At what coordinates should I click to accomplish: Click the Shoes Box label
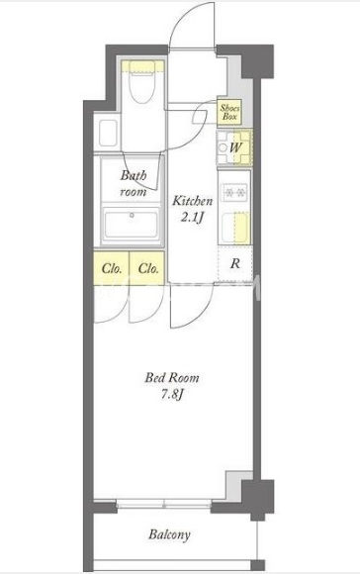coord(229,113)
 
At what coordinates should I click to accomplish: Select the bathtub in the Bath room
coord(132,223)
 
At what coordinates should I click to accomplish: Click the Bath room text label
coord(134,183)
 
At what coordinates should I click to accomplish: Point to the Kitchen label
coord(193,201)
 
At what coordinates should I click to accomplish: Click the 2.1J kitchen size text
coord(192,218)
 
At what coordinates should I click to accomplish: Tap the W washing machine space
coord(234,147)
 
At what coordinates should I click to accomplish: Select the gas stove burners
coord(234,192)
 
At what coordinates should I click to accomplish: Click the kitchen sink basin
coord(235,228)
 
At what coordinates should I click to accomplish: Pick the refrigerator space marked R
coord(234,263)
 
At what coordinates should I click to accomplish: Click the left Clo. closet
coord(111,268)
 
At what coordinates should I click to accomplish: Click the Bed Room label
coord(172,377)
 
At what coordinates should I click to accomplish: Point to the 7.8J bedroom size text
coord(172,395)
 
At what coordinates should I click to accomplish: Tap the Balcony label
coord(169,534)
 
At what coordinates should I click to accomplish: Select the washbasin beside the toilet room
coord(108,133)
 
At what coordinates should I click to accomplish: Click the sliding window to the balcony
coord(163,504)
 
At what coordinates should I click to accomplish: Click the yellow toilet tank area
coord(142,66)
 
